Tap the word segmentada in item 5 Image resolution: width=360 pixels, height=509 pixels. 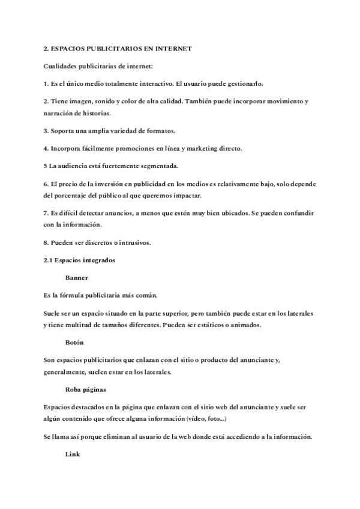[x=159, y=166]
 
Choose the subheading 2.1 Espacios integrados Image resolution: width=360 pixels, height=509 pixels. [x=80, y=261]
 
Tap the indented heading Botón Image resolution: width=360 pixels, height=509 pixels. [x=75, y=342]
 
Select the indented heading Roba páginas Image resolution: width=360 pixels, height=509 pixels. [x=85, y=389]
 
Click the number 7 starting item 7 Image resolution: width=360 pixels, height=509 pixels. [x=46, y=214]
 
